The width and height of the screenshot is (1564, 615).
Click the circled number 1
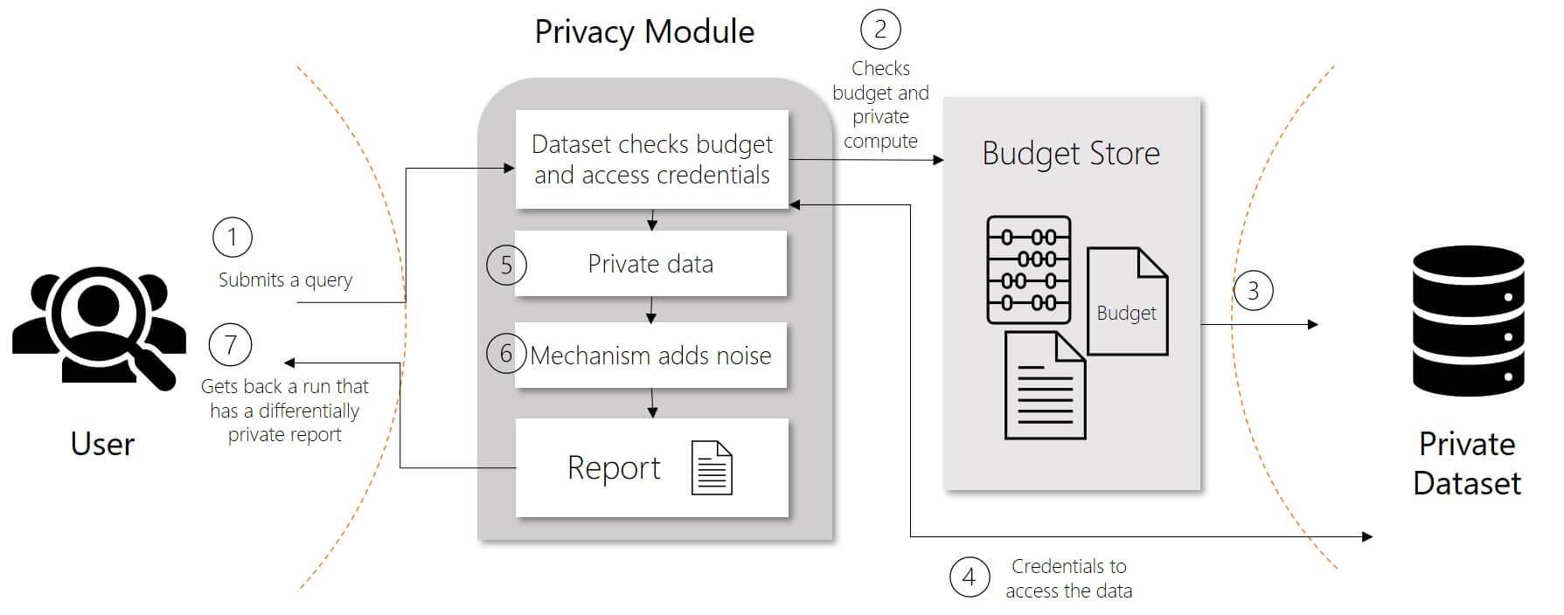click(x=232, y=238)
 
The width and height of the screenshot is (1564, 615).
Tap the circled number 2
click(x=880, y=30)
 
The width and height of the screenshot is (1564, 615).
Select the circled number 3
click(x=1253, y=291)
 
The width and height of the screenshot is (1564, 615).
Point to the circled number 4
click(x=969, y=577)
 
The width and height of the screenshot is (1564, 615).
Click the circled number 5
click(x=505, y=266)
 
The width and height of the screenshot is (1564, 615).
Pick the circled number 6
click(x=505, y=354)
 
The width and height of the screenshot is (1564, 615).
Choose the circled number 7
click(x=231, y=345)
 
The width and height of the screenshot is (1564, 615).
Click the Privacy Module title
click(x=644, y=32)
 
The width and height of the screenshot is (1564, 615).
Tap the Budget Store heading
click(x=1071, y=154)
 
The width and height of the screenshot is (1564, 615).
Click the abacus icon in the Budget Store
click(x=1029, y=270)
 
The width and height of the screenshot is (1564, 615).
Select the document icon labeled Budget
click(x=1127, y=302)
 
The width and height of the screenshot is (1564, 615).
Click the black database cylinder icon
click(x=1468, y=321)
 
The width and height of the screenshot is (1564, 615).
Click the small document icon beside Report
click(x=712, y=468)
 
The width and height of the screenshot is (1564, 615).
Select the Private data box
click(x=650, y=264)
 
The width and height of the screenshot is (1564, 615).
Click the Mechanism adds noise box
click(x=650, y=356)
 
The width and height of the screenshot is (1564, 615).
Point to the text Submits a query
click(x=285, y=280)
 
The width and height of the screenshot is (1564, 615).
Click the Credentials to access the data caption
click(x=1068, y=578)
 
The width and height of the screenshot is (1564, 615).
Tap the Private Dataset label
click(x=1467, y=463)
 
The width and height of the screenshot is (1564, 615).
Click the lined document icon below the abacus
click(x=1045, y=386)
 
